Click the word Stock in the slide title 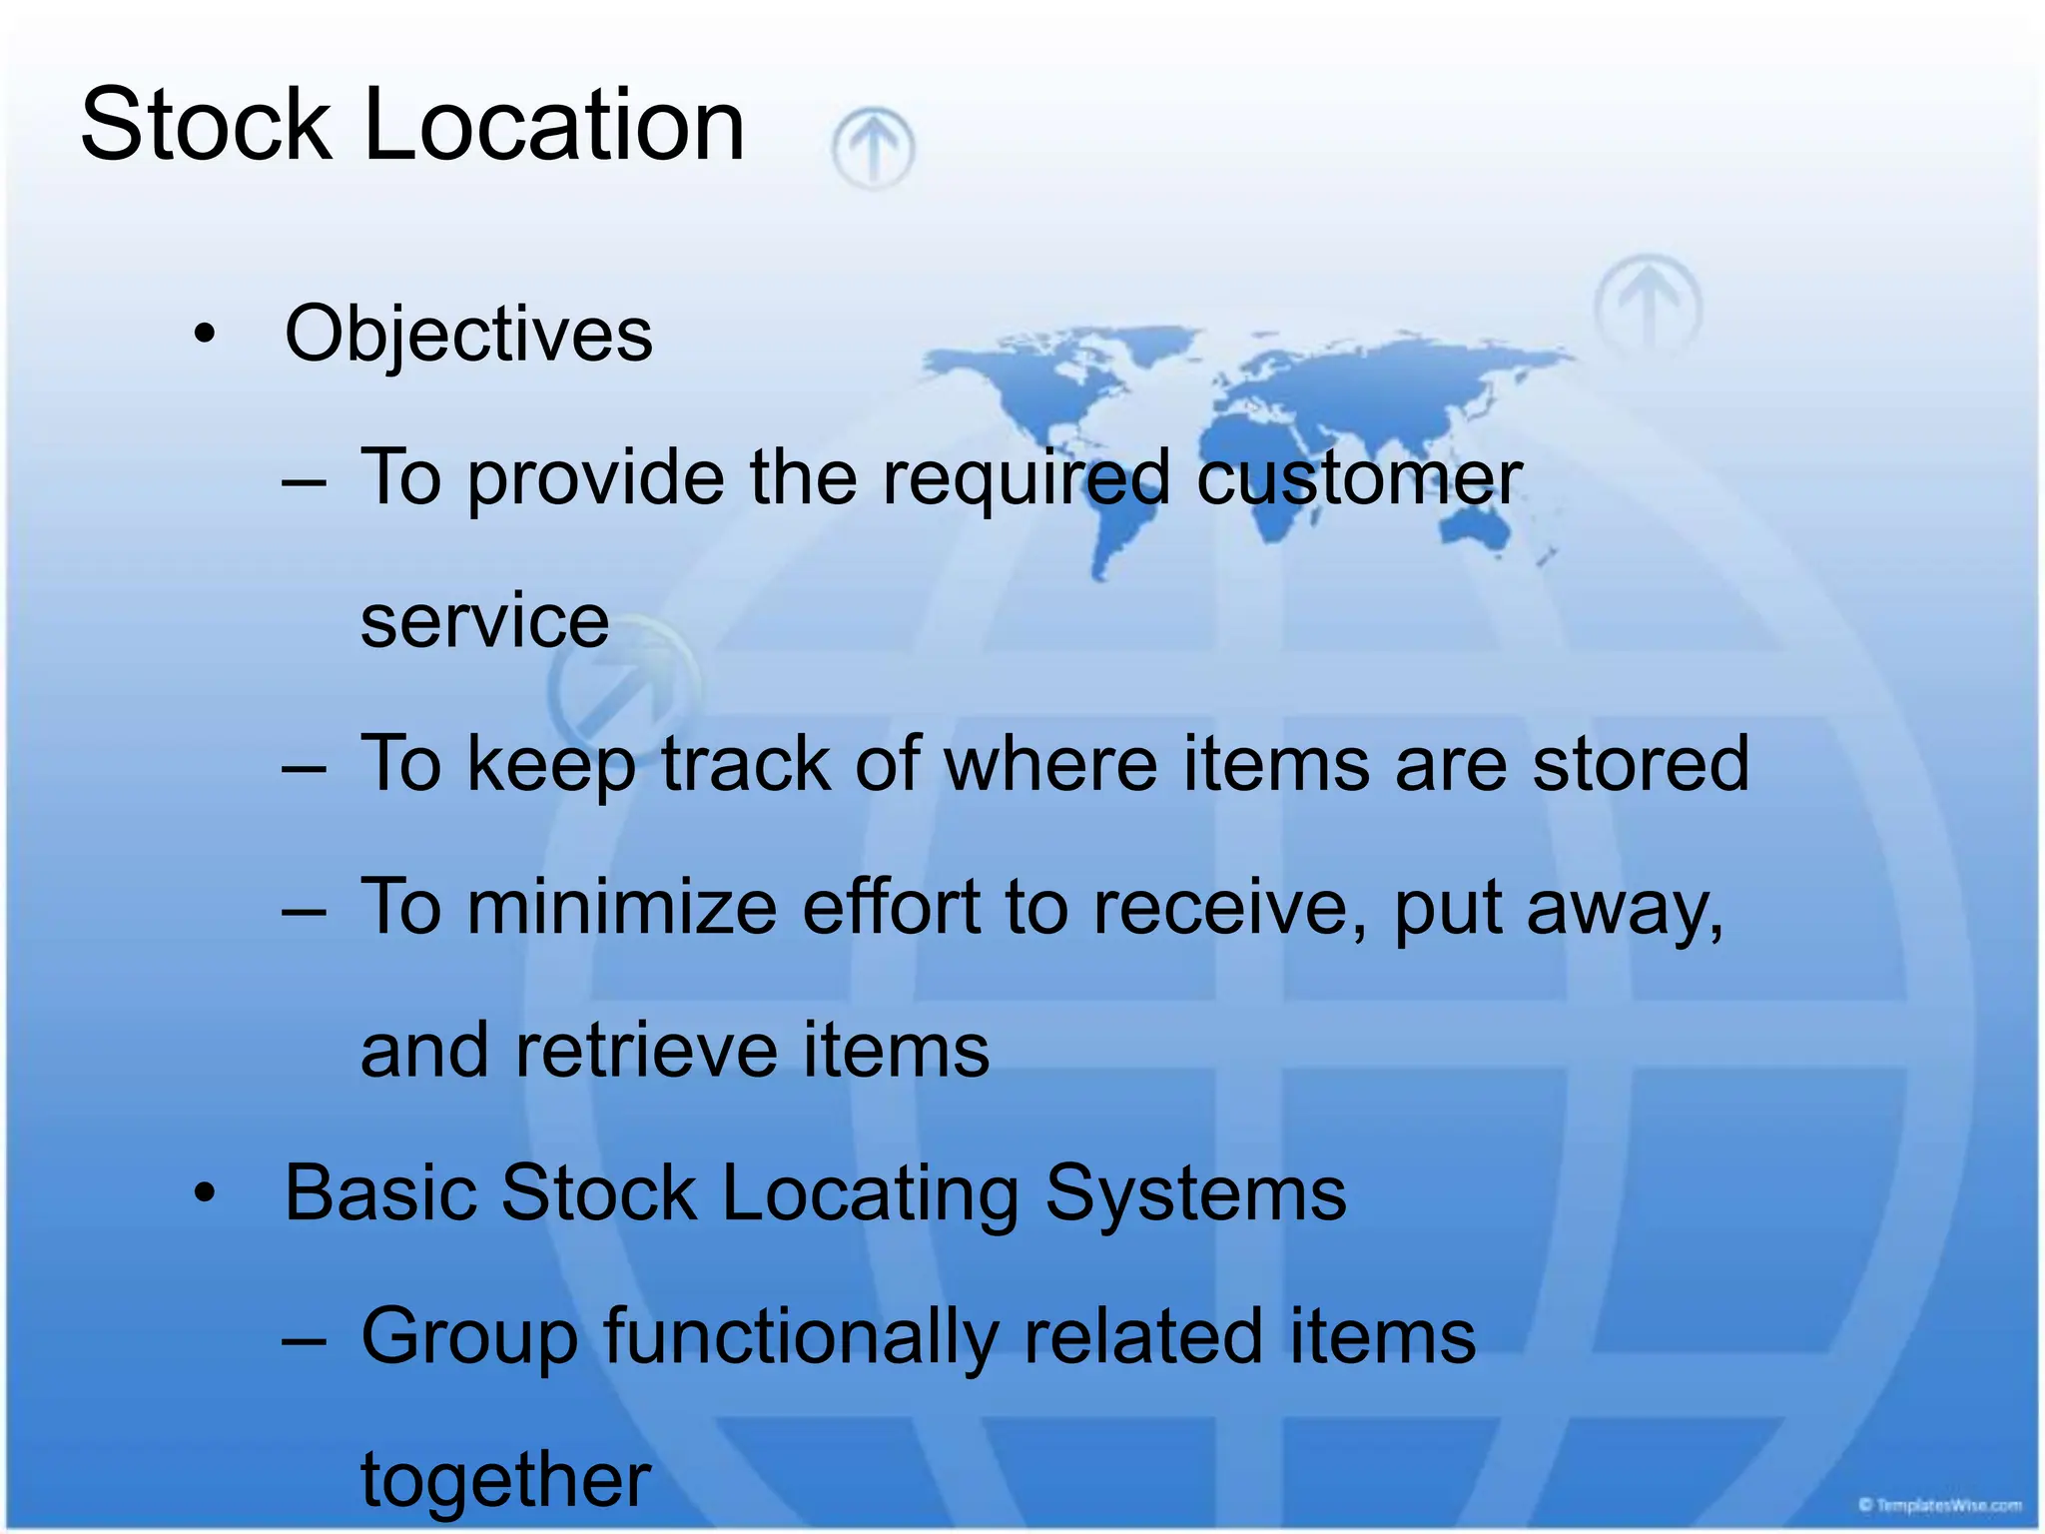coord(205,125)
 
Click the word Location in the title coord(553,125)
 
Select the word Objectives coord(468,334)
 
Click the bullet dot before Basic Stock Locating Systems coord(205,1193)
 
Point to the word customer coord(1358,477)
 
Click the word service coord(484,621)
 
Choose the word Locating coord(870,1193)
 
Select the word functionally coord(800,1337)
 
